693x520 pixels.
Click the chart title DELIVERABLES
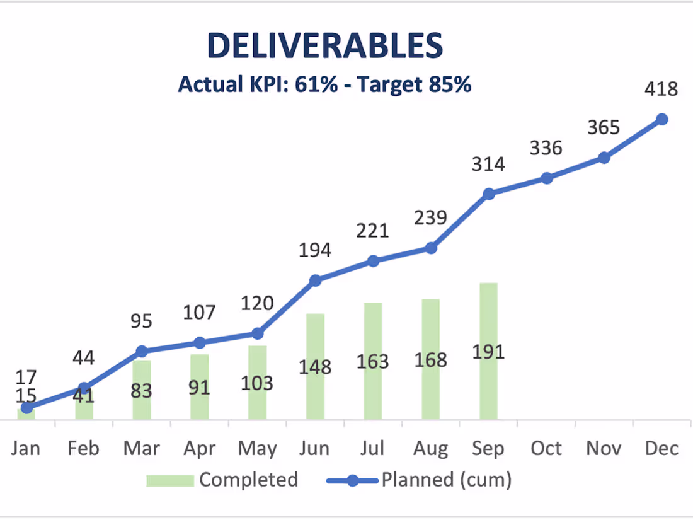(325, 45)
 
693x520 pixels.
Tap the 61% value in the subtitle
(316, 84)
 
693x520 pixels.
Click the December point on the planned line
(661, 119)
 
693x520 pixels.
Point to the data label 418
(661, 89)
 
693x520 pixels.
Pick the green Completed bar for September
(488, 351)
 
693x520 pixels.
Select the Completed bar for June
(315, 367)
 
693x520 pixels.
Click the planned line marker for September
(488, 194)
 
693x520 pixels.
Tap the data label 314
(488, 164)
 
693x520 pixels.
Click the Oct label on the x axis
(546, 448)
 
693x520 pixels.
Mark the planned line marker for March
(142, 352)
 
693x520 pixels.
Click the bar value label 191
(488, 352)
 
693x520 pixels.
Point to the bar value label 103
(257, 383)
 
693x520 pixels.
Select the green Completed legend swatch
(170, 481)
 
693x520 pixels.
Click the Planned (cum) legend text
(447, 480)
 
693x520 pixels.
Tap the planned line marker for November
(604, 158)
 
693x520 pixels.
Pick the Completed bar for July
(373, 361)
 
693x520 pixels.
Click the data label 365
(604, 127)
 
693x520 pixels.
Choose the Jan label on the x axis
(26, 448)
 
